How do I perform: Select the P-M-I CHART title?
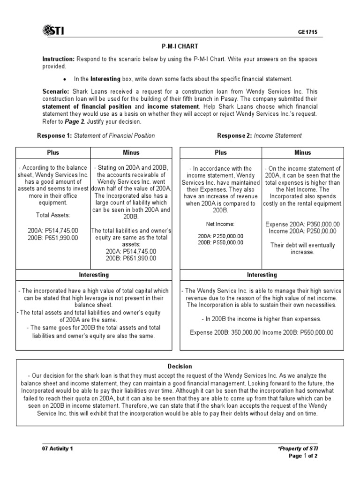(x=180, y=47)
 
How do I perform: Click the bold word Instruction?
(x=59, y=59)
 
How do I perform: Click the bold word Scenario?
(x=56, y=92)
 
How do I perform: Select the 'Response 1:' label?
(x=54, y=135)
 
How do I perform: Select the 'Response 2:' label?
(x=234, y=135)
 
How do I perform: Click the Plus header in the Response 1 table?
(x=52, y=152)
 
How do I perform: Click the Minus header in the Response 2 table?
(x=302, y=152)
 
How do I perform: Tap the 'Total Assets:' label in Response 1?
(x=52, y=215)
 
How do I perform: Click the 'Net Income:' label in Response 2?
(x=220, y=224)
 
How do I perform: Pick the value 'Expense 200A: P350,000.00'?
(x=302, y=224)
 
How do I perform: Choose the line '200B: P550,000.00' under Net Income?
(x=220, y=242)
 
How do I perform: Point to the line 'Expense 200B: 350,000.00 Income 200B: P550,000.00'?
(x=262, y=332)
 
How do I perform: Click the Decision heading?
(x=180, y=366)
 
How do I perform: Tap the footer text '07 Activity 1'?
(x=58, y=449)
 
